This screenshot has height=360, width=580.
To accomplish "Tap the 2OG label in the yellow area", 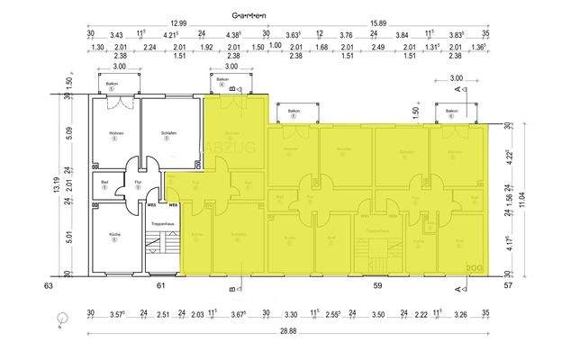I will click(475, 267).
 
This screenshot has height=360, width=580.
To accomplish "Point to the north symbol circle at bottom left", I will click(59, 318).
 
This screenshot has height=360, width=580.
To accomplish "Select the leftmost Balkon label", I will click(114, 84).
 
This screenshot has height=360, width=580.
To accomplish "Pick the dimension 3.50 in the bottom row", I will click(377, 314).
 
